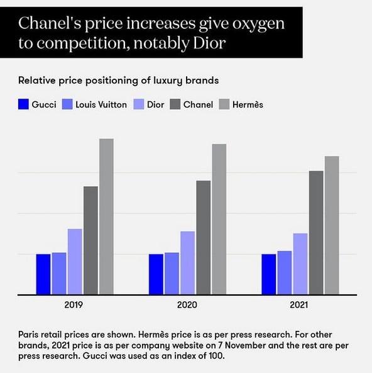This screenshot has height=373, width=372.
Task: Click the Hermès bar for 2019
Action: pyautogui.click(x=106, y=216)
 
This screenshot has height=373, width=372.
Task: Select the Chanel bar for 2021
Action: pyautogui.click(x=316, y=233)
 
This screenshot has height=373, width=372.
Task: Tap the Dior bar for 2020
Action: pyautogui.click(x=187, y=263)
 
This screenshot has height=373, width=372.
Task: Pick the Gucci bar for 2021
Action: pyautogui.click(x=269, y=274)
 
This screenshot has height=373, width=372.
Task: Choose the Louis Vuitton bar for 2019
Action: pyautogui.click(x=59, y=274)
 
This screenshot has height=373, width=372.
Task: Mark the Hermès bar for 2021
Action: pyautogui.click(x=332, y=225)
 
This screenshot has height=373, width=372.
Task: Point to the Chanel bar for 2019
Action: pyautogui.click(x=91, y=240)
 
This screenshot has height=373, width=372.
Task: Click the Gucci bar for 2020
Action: pyautogui.click(x=156, y=274)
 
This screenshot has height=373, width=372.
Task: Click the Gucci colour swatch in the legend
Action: pyautogui.click(x=23, y=104)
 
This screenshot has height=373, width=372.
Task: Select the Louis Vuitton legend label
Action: pyautogui.click(x=101, y=104)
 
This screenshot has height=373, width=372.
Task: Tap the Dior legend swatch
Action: pyautogui.click(x=139, y=104)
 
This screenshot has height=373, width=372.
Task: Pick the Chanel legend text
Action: pyautogui.click(x=198, y=104)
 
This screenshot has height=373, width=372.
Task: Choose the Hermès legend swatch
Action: pyautogui.click(x=224, y=104)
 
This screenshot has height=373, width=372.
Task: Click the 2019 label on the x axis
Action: pyautogui.click(x=74, y=304)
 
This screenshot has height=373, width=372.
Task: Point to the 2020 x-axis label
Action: pyautogui.click(x=187, y=304)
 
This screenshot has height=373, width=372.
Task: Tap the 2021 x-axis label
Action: pyautogui.click(x=298, y=304)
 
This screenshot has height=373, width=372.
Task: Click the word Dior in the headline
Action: pyautogui.click(x=209, y=43)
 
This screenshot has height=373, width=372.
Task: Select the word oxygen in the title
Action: pyautogui.click(x=258, y=25)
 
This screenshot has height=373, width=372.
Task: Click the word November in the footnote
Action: pyautogui.click(x=245, y=345)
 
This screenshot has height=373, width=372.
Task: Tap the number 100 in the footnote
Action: pyautogui.click(x=216, y=356)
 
